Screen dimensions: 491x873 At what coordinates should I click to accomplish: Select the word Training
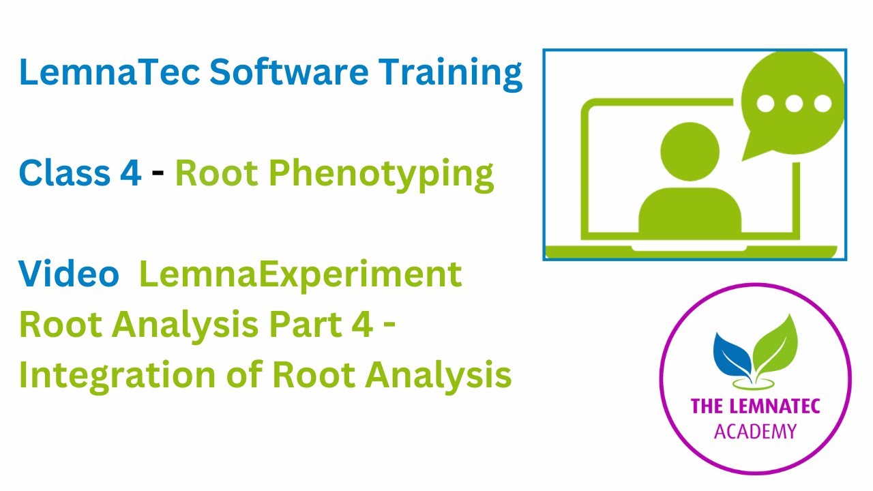[455, 72]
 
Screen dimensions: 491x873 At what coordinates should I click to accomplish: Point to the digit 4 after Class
[130, 174]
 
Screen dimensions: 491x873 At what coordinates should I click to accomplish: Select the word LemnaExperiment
[300, 275]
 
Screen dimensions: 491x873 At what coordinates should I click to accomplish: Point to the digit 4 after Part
[361, 325]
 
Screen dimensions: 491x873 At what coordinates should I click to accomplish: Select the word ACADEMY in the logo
[755, 432]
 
